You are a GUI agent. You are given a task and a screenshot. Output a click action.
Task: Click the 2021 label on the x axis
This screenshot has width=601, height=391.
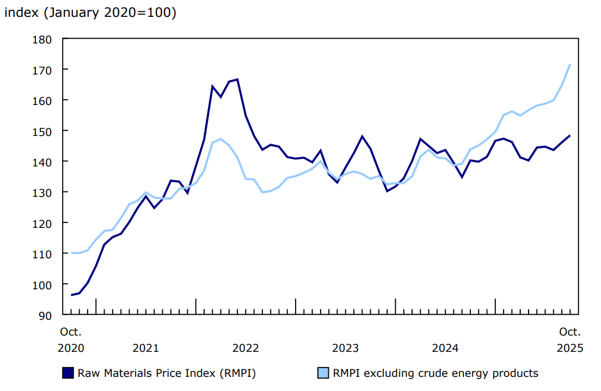point(146,348)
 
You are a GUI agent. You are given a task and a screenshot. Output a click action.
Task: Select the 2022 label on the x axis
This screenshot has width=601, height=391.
point(246,348)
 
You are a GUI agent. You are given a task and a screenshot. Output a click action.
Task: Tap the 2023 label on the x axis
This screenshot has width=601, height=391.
point(345,348)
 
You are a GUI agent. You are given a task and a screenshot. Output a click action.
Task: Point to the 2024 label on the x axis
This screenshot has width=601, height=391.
point(445,348)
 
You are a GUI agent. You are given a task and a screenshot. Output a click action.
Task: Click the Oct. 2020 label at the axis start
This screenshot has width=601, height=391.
point(71,340)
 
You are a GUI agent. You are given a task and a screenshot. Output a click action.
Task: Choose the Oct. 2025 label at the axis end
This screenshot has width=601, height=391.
point(570,340)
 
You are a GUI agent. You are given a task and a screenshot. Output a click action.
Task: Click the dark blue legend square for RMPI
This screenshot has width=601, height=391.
point(68,373)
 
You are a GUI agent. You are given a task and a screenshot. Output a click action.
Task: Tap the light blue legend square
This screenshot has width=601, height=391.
point(323,373)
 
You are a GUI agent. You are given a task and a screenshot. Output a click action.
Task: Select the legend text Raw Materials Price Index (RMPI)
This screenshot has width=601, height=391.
point(167,373)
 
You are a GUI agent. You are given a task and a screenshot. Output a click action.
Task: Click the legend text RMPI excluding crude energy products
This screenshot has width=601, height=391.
point(436,373)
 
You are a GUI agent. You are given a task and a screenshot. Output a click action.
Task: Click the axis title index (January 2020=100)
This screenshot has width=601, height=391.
point(90,13)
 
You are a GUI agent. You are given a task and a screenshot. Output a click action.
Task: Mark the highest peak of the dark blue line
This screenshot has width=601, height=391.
point(237,79)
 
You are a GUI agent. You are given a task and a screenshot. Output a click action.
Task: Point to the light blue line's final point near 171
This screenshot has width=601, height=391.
point(570,65)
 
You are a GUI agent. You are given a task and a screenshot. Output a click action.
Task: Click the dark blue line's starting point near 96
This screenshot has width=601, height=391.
point(72,295)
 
